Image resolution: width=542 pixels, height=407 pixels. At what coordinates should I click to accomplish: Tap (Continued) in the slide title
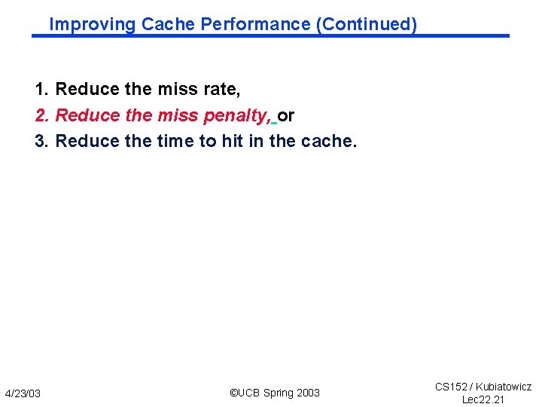(367, 24)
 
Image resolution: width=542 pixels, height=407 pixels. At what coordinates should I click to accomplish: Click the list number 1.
(41, 90)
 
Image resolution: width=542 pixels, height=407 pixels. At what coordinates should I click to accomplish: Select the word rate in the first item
(224, 90)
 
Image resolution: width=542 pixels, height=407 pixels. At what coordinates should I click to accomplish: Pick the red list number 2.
(41, 115)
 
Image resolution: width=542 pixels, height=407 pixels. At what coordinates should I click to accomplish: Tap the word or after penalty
(286, 115)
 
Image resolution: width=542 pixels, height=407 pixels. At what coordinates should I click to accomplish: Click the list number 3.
(41, 141)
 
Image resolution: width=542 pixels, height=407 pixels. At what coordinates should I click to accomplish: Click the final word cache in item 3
(328, 141)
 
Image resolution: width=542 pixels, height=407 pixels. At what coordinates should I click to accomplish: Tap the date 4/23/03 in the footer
(23, 393)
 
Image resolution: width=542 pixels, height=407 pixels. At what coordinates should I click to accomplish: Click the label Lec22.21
(483, 399)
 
